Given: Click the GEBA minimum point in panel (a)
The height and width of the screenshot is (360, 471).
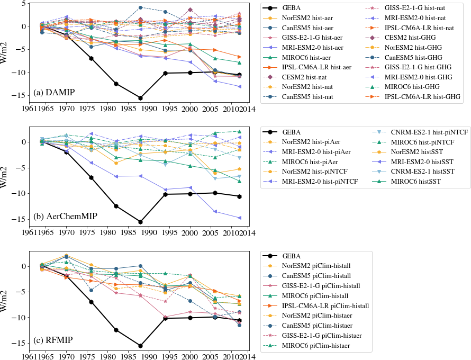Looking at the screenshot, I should click(x=140, y=98).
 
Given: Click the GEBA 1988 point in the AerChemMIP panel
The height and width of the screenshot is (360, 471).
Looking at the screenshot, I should click(x=140, y=222).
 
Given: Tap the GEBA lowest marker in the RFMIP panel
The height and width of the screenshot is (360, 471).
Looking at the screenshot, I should click(x=140, y=346).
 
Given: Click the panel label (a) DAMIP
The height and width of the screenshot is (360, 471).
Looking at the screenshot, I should click(x=54, y=93).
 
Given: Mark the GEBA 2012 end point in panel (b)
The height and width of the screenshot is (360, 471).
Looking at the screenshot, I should click(x=239, y=196).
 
